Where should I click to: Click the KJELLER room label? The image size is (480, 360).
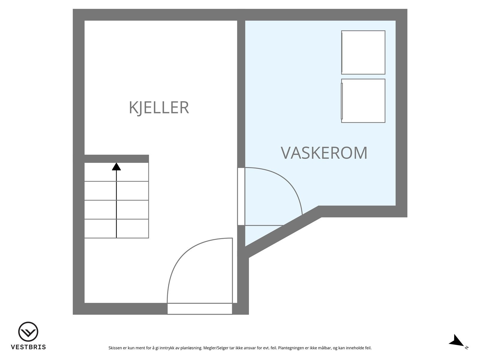tap(159, 108)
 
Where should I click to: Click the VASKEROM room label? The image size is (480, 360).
tap(324, 153)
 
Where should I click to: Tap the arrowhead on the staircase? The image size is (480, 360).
tap(116, 167)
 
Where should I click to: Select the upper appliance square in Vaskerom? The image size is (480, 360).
tap(363, 52)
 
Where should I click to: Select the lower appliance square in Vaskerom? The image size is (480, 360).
tap(363, 101)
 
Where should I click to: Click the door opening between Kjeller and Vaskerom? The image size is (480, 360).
tap(241, 196)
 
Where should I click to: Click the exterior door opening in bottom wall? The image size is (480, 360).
tap(199, 309)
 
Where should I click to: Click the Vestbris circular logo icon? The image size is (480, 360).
tap(28, 332)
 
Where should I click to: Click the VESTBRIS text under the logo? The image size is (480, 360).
tap(28, 347)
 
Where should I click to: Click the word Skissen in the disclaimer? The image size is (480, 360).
tap(115, 348)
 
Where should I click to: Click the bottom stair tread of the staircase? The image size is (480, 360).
tap(116, 229)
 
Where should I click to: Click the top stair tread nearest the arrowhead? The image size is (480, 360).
tap(132, 172)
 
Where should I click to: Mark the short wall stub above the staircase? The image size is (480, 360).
tap(116, 159)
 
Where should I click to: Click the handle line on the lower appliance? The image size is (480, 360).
tap(342, 101)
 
